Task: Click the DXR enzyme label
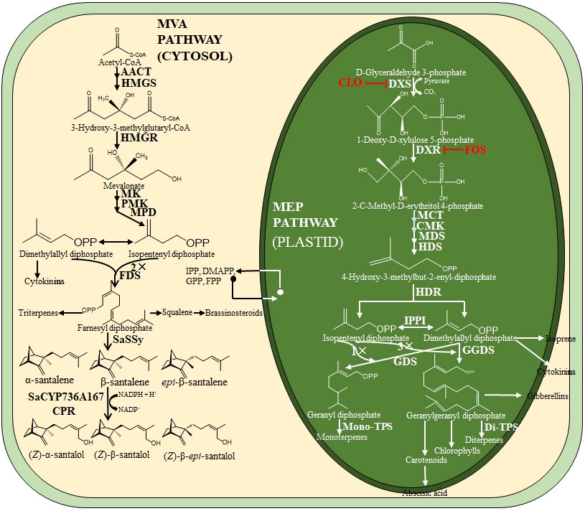(428, 151)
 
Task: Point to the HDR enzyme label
(428, 294)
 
